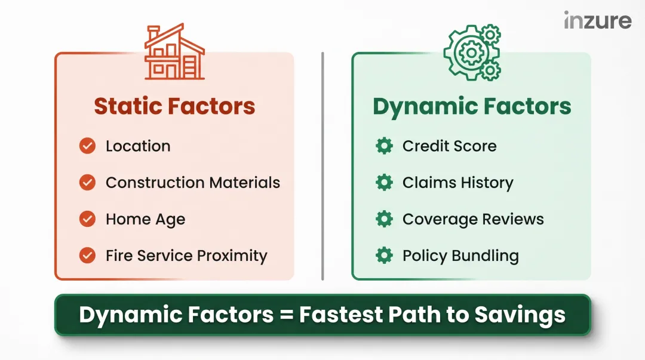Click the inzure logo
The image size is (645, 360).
click(x=597, y=21)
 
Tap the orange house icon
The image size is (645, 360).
click(x=174, y=53)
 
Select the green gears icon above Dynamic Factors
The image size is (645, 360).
click(x=472, y=53)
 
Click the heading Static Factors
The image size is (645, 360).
click(x=174, y=106)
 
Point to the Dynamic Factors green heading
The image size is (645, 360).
click(x=472, y=107)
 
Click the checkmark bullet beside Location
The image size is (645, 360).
click(x=87, y=146)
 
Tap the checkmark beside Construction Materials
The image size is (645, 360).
click(x=87, y=183)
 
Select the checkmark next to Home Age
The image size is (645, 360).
click(x=87, y=219)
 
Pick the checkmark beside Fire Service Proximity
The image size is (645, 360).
click(x=87, y=256)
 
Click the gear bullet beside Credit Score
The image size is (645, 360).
click(x=384, y=146)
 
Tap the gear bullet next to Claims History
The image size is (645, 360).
click(x=384, y=183)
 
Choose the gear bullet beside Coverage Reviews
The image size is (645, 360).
click(x=384, y=219)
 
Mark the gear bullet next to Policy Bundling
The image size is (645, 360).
click(x=384, y=256)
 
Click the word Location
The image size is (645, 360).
click(x=138, y=146)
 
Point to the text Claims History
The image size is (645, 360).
click(x=457, y=183)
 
